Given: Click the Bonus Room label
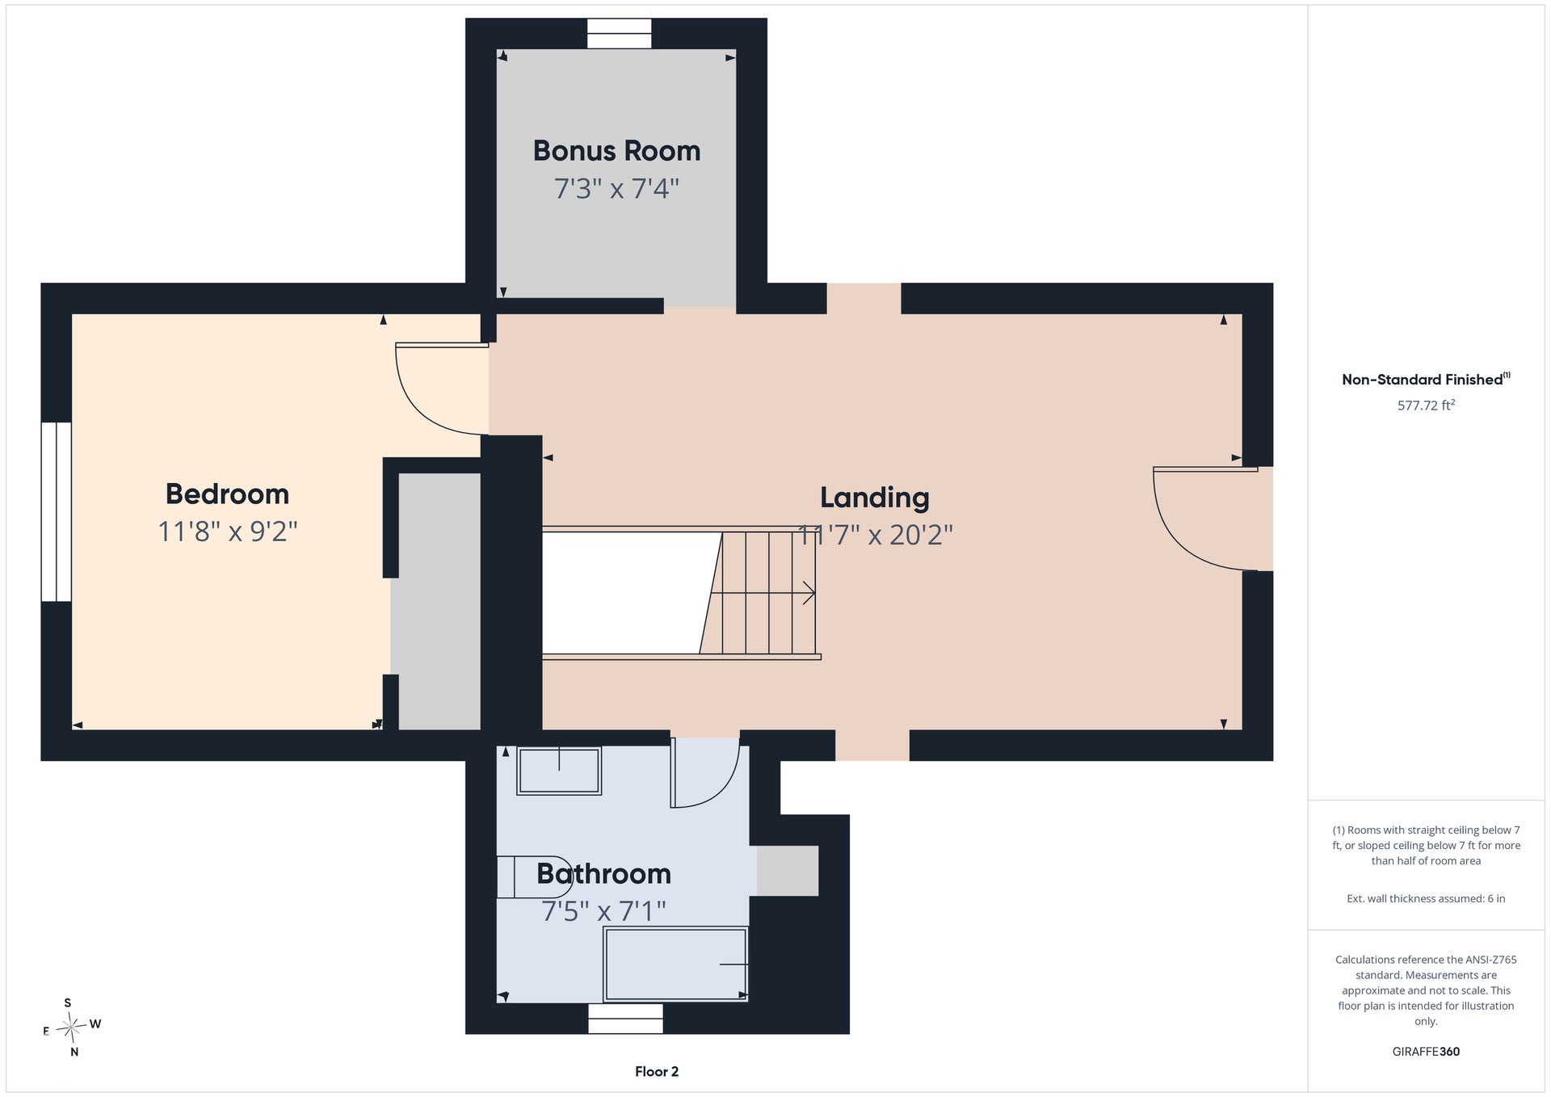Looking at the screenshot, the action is pos(616,151).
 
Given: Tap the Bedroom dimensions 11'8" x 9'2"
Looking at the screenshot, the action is pos(228,532).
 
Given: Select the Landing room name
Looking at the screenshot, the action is pos(875,498).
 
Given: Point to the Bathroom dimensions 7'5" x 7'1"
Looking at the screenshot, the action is pos(603,911).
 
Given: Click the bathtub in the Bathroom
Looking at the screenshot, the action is pos(675,964).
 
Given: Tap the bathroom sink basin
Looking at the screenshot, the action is pos(559,771).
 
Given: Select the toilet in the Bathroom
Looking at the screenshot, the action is pos(533,876).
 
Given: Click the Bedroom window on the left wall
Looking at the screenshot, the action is pos(57,511).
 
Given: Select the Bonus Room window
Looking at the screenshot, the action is pos(619,33).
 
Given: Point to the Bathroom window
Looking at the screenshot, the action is pos(625,1019).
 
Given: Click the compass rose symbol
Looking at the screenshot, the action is pos(72,1028).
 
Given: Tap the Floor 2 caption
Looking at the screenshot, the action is pos(657,1072).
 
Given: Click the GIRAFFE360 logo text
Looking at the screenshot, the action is pos(1426,1052).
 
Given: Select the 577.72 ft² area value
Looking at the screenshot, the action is pos(1426,405).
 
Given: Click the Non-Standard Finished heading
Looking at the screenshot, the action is pos(1426,380).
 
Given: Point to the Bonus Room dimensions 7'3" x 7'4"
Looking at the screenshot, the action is pos(616,189).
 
